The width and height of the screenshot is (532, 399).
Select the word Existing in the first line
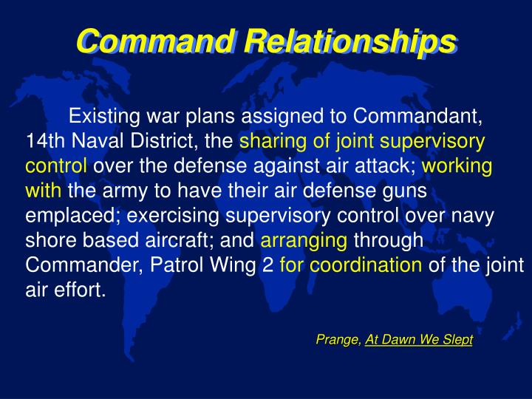click(x=102, y=117)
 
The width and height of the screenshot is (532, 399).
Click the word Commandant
click(x=417, y=117)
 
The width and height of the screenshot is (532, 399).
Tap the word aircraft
click(x=182, y=240)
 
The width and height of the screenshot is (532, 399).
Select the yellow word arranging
click(x=304, y=240)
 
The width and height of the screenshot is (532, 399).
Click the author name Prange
click(x=338, y=339)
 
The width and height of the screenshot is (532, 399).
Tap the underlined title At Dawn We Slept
click(x=419, y=339)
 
